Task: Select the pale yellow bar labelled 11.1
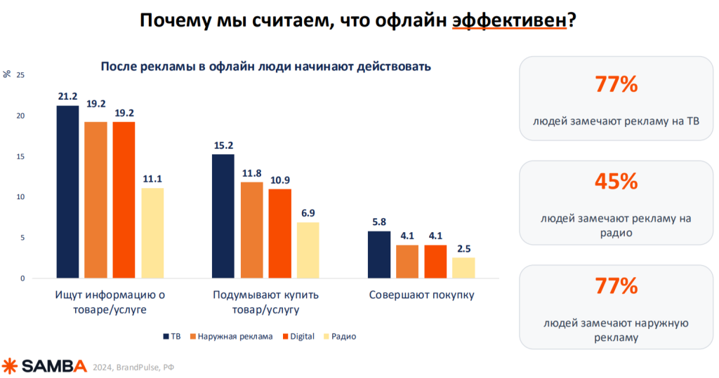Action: (x=152, y=233)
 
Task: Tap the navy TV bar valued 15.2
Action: (x=223, y=216)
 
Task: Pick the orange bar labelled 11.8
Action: (x=251, y=230)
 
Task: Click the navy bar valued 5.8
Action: (x=378, y=255)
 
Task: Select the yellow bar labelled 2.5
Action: (x=463, y=268)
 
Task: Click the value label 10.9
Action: (x=279, y=180)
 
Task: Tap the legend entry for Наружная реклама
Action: (x=231, y=337)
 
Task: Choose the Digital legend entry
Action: (x=298, y=337)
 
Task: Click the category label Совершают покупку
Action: (x=421, y=295)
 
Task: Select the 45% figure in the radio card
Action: (x=616, y=182)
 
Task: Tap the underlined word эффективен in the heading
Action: (x=508, y=20)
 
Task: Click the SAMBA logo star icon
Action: (x=10, y=365)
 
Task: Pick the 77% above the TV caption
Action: (x=616, y=86)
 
